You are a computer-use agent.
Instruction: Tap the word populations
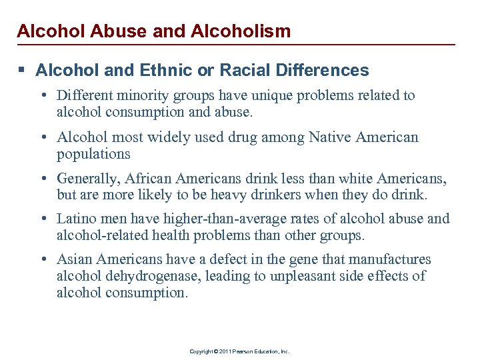pyautogui.click(x=93, y=153)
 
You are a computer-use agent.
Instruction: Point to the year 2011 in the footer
pyautogui.click(x=224, y=351)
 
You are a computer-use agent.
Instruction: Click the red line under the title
pyautogui.click(x=240, y=45)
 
